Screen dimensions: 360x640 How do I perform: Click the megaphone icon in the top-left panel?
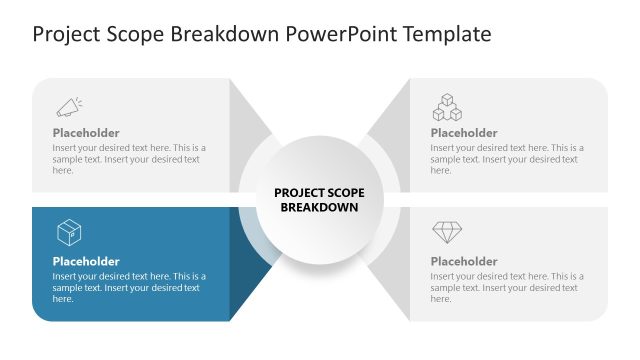pos(68,106)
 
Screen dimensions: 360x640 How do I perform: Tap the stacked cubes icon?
pos(446,106)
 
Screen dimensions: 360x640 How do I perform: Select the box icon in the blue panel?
pos(68,233)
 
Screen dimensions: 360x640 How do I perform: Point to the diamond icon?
pos(446,233)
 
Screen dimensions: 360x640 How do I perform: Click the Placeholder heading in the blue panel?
pos(86,262)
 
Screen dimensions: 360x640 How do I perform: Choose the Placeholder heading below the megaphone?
pos(86,133)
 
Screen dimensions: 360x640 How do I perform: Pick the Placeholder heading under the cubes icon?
pos(464,133)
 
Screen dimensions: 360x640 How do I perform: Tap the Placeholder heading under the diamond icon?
pos(464,262)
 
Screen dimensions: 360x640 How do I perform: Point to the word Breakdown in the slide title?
pos(229,35)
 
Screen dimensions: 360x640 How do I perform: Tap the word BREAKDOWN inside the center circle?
pos(318,208)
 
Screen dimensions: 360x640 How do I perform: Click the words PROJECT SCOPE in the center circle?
pos(318,193)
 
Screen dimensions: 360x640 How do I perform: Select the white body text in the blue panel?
pos(129,287)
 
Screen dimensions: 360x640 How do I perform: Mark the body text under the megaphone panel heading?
pos(129,159)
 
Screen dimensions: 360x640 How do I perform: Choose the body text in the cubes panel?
pos(507,159)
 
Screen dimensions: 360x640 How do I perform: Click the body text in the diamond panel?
pos(507,287)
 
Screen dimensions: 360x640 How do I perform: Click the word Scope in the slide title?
pos(139,35)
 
